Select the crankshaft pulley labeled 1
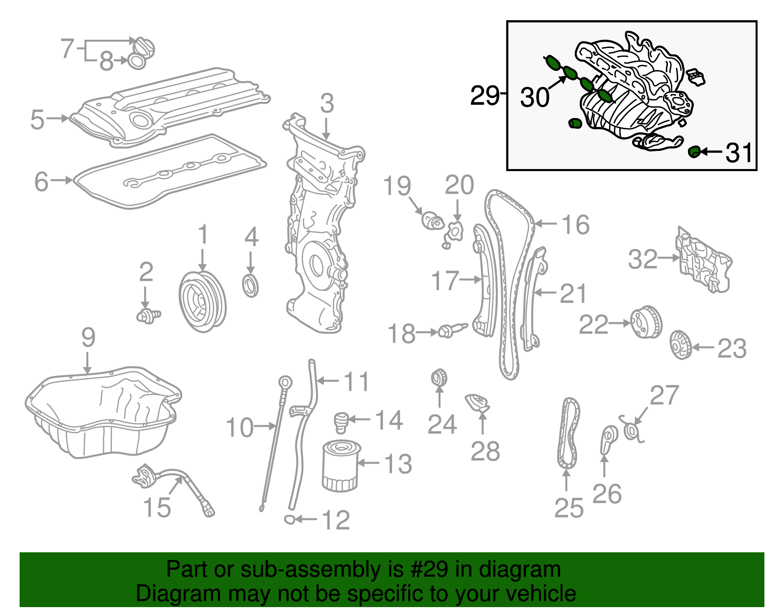coord(202,301)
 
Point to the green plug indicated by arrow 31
coord(694,152)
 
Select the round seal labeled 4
coord(251,286)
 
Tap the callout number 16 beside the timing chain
coord(575,225)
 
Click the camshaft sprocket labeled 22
coord(646,322)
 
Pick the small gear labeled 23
coord(680,345)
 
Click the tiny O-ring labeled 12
coord(290,519)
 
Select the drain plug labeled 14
coord(341,422)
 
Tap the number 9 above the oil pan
coord(88,338)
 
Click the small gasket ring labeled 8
coord(137,62)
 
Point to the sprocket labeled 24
coord(439,378)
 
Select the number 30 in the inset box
coord(535,97)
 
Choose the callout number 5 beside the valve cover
coord(37,119)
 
